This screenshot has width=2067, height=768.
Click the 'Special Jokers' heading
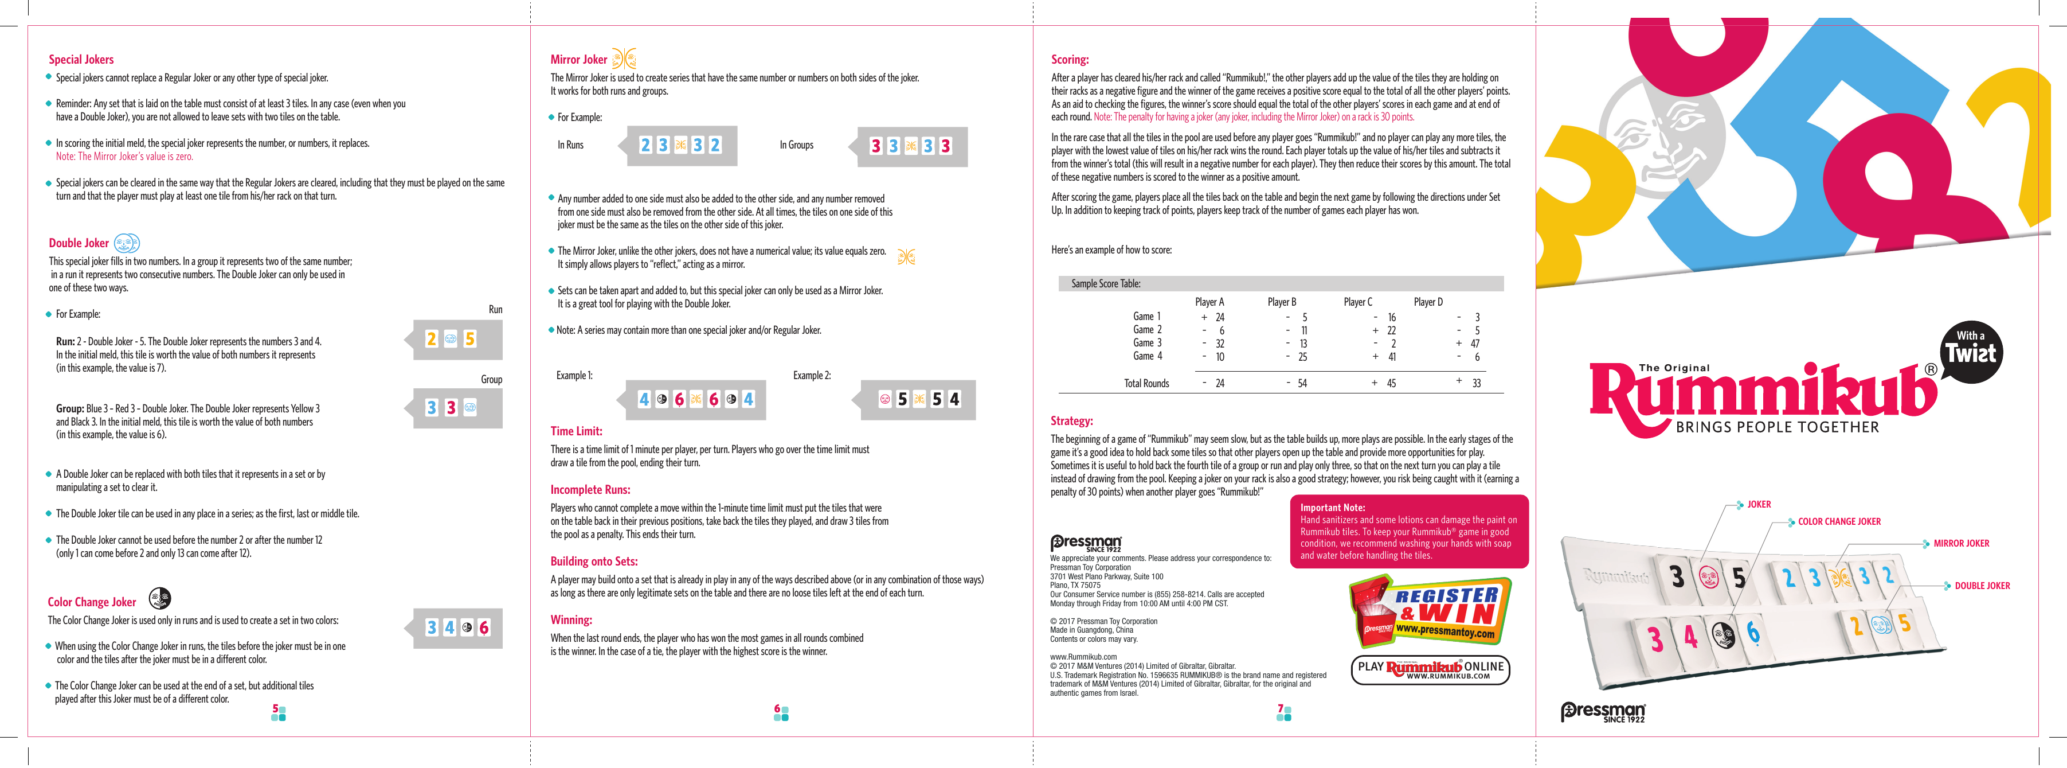[x=81, y=60]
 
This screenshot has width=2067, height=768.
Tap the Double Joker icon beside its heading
[x=127, y=243]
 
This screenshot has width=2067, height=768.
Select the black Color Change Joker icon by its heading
[x=160, y=598]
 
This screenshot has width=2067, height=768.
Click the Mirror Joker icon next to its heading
[x=624, y=59]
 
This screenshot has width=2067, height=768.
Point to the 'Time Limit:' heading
[x=576, y=431]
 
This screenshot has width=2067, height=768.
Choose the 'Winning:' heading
[x=571, y=619]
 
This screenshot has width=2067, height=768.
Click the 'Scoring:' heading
[x=1070, y=60]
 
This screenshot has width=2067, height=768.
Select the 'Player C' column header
[x=1358, y=302]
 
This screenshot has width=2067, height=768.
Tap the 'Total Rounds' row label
[x=1146, y=384]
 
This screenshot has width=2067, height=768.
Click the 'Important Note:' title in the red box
[x=1332, y=507]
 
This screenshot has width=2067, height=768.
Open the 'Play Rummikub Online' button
[x=1430, y=669]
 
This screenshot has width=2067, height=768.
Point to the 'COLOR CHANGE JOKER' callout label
[x=1839, y=521]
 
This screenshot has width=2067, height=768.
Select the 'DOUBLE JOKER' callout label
[x=1982, y=586]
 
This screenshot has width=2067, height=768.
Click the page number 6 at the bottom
[x=777, y=708]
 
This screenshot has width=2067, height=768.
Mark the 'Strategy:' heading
[x=1071, y=420]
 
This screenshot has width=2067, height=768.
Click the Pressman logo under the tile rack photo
[x=1602, y=712]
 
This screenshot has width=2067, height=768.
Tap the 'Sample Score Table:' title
[x=1106, y=283]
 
